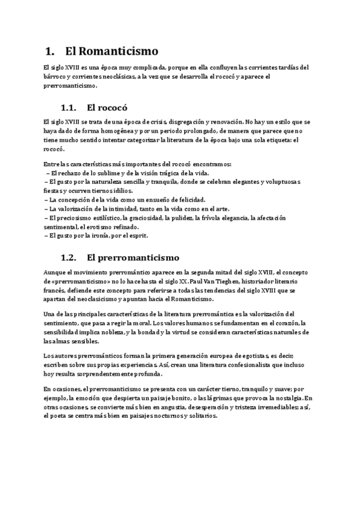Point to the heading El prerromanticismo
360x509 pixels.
(133, 258)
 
